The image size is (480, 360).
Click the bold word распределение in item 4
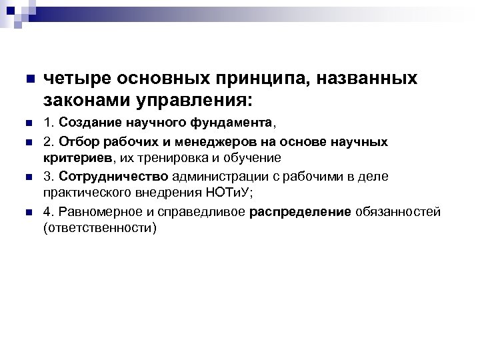300,213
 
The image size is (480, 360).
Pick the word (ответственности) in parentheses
99,229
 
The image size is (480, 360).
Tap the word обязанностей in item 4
398,213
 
